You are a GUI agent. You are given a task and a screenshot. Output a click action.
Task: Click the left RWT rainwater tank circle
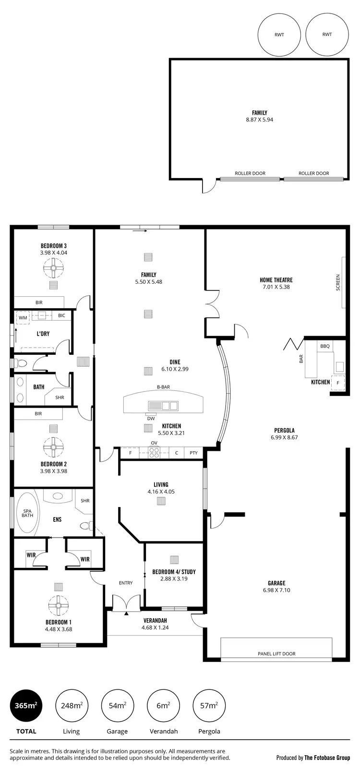coord(279,35)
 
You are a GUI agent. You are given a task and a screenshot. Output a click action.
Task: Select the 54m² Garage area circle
coord(117,705)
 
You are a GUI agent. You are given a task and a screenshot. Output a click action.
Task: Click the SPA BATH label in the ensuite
coord(27,513)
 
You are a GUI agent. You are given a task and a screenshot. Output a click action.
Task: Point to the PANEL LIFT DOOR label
coord(276,653)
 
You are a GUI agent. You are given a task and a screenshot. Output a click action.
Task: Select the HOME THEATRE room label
coord(276,280)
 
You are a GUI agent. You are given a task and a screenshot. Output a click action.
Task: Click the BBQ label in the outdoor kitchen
coord(325,346)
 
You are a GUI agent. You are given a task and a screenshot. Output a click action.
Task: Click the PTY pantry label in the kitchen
coord(193,453)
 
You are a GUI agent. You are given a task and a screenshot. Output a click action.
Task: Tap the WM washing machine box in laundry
coord(23,318)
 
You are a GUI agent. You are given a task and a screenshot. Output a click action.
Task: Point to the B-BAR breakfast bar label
coord(163,387)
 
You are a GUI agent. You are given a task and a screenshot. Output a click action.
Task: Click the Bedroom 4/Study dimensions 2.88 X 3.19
coord(174,578)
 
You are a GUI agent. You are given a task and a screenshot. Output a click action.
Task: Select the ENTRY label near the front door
coord(126,583)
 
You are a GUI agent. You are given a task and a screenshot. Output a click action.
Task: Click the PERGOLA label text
coord(284,430)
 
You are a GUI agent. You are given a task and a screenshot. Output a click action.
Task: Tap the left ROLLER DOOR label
coord(250,173)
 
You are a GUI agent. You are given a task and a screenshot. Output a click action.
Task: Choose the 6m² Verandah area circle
coord(163,705)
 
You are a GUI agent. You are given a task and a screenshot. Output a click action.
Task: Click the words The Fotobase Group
coord(327,758)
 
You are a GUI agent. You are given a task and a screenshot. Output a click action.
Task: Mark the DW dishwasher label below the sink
coord(151,418)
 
